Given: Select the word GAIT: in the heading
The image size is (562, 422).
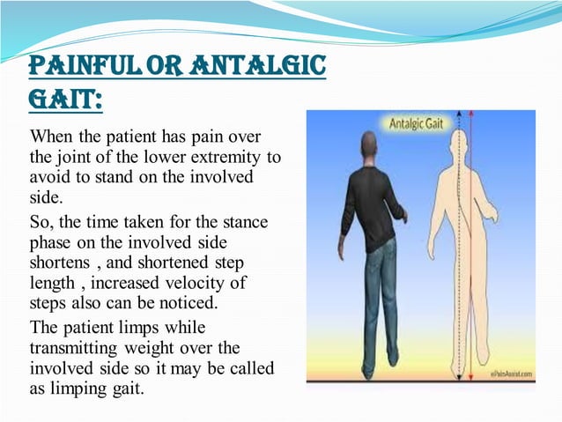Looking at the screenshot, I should tap(63, 102).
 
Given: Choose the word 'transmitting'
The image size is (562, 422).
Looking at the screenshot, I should tap(73, 349).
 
